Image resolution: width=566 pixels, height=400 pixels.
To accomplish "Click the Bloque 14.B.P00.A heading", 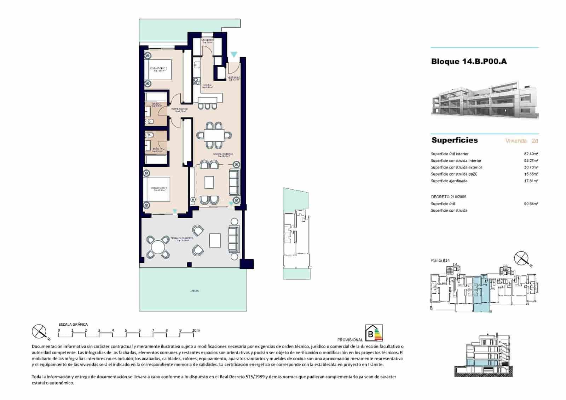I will (469, 61).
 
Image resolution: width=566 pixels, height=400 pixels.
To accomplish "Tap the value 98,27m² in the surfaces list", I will (531, 161).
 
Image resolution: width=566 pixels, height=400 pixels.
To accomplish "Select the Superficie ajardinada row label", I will (449, 181).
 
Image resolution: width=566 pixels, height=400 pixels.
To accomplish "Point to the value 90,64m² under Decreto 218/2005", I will (531, 204).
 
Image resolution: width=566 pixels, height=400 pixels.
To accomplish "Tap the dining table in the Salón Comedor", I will (214, 135).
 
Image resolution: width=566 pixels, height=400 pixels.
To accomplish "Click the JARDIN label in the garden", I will (194, 291).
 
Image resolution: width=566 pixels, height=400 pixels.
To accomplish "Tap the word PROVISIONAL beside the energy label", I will (350, 340).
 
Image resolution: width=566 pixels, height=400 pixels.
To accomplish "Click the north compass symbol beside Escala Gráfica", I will (39, 332).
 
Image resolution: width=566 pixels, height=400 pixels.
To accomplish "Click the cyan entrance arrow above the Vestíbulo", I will (233, 55).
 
